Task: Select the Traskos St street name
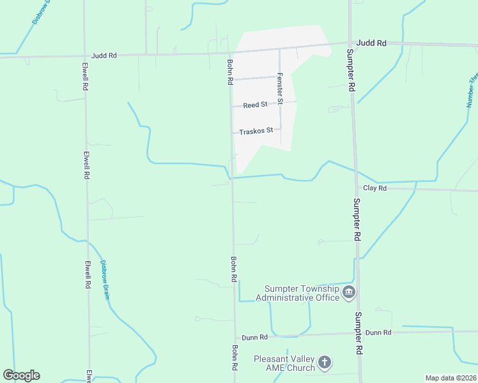(x=256, y=131)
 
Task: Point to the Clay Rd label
(x=374, y=188)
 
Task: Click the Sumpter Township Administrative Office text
(x=297, y=294)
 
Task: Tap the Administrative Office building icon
(x=349, y=293)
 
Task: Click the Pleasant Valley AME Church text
(x=284, y=363)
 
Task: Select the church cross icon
(x=324, y=363)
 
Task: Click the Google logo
(x=21, y=375)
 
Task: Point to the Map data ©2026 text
(x=451, y=378)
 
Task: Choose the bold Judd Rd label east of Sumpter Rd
(x=372, y=43)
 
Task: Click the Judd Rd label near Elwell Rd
(x=104, y=56)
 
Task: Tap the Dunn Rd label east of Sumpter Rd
(x=378, y=333)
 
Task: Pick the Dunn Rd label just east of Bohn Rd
(x=254, y=337)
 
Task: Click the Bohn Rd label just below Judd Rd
(x=229, y=72)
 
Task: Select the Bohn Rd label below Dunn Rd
(x=235, y=358)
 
